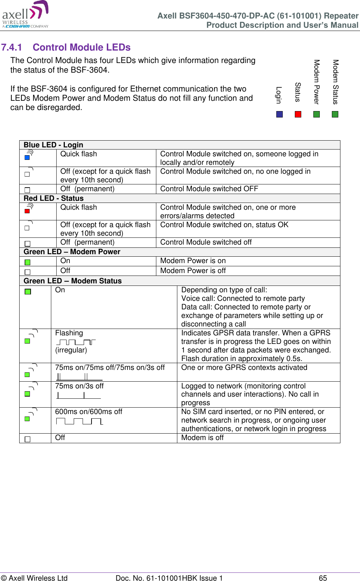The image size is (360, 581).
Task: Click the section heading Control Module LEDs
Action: click(82, 47)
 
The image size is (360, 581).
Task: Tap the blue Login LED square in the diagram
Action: click(280, 114)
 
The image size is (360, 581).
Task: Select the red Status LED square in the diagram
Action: click(298, 114)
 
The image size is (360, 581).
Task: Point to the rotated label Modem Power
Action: click(317, 82)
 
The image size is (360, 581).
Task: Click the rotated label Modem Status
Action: click(335, 82)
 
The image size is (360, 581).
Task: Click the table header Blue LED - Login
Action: click(53, 145)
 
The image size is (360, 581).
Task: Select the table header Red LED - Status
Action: click(53, 198)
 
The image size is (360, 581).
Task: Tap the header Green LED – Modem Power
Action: click(72, 252)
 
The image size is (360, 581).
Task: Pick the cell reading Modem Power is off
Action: click(193, 271)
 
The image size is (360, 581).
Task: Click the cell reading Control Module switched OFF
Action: click(209, 189)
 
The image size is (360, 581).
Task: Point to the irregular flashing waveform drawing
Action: click(76, 342)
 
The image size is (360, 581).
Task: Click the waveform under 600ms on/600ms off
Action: click(79, 422)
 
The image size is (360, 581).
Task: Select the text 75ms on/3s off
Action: click(79, 386)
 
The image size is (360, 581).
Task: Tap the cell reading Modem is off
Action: click(202, 438)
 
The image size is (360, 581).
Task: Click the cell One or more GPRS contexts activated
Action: click(244, 367)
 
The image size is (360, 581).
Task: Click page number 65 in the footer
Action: click(323, 578)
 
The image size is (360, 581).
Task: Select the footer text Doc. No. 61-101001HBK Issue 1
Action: click(169, 578)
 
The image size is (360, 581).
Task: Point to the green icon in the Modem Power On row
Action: click(27, 262)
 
